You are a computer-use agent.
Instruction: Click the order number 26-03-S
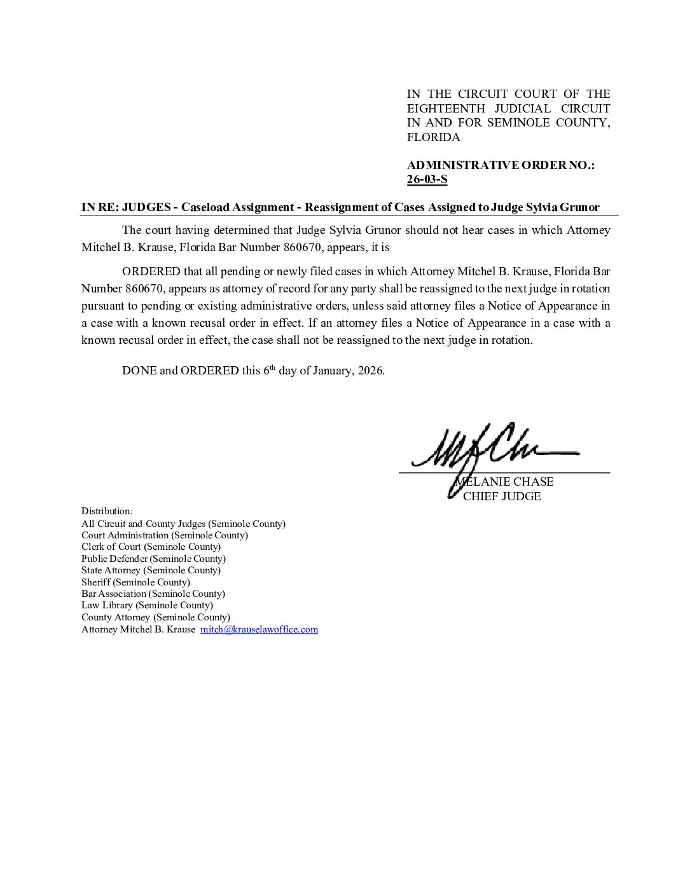coord(427,179)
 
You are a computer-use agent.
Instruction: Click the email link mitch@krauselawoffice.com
coord(259,629)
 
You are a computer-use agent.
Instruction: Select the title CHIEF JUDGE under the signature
coord(502,496)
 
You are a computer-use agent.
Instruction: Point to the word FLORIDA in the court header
coord(433,137)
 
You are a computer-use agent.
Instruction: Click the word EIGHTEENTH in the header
coord(446,109)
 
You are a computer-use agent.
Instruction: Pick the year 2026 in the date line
coord(370,371)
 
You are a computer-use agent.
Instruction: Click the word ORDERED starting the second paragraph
coord(151,272)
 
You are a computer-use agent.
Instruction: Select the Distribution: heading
coord(107,511)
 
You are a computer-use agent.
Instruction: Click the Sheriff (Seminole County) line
coord(135,582)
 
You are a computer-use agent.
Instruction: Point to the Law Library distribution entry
coord(147,605)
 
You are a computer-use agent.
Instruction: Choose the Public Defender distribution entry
coord(153,559)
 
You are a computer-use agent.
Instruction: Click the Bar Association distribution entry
coord(153,594)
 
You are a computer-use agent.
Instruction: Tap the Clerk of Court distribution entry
coord(151,547)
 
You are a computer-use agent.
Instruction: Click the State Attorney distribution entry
coord(151,570)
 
